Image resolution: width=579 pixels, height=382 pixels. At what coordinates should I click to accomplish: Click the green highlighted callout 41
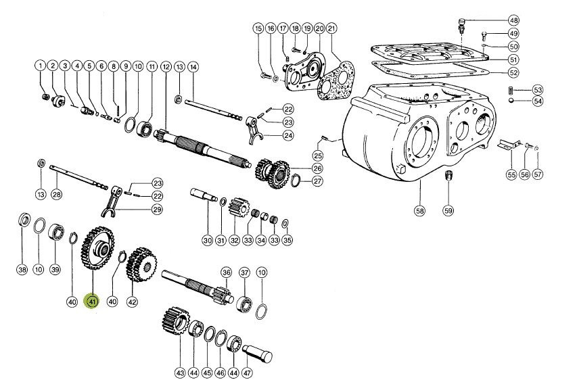(90, 302)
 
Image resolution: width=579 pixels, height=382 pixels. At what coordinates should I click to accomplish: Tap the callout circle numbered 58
(419, 211)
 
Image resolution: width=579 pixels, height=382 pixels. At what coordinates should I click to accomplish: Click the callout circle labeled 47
(248, 373)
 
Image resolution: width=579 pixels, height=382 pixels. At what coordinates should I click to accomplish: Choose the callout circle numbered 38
(22, 270)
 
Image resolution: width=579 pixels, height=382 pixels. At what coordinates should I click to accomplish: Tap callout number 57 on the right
(538, 174)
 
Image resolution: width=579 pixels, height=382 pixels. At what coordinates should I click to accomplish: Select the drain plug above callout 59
(446, 176)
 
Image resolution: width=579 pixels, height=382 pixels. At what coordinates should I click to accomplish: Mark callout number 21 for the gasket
(331, 28)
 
